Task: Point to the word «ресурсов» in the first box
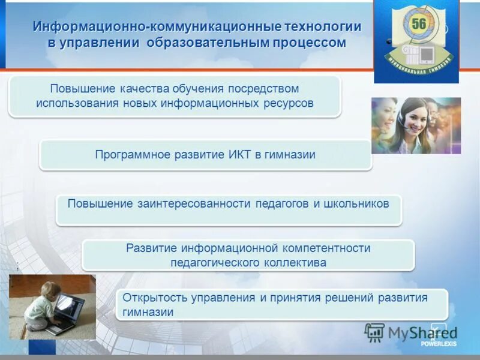pyautogui.click(x=290, y=103)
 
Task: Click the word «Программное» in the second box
pyautogui.click(x=130, y=155)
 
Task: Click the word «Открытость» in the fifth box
pyautogui.click(x=151, y=298)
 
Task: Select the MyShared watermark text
pyautogui.click(x=420, y=333)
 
